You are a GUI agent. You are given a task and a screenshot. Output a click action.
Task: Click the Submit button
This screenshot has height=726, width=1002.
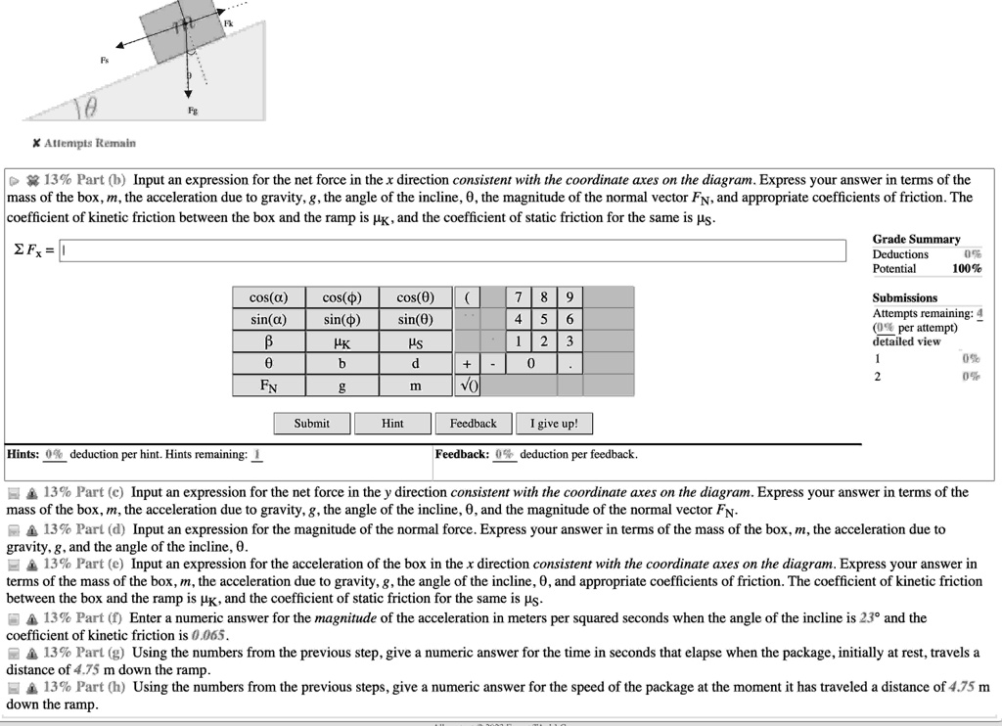[x=312, y=424]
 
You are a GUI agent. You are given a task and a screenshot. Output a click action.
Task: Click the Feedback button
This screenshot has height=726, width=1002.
[x=473, y=424]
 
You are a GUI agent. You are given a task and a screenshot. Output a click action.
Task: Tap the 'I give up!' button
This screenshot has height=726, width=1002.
[x=554, y=424]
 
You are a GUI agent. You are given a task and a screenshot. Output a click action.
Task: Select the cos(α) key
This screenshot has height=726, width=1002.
[x=269, y=297]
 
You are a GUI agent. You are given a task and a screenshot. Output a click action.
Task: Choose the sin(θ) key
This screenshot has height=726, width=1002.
[x=416, y=320]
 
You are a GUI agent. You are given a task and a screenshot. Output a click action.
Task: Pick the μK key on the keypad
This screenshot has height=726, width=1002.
[x=342, y=342]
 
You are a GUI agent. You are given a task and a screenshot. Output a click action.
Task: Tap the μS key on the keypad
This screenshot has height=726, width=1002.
[x=416, y=342]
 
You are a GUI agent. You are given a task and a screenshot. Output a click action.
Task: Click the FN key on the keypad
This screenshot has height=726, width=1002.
[x=269, y=386]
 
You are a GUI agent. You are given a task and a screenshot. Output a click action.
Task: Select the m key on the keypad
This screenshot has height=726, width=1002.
[x=416, y=386]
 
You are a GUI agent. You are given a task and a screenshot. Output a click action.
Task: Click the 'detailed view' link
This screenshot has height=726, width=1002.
[x=906, y=341]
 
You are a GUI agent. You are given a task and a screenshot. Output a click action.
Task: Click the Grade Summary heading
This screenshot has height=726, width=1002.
[x=916, y=239]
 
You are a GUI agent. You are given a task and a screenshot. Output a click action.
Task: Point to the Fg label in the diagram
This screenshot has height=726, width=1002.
[x=192, y=113]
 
